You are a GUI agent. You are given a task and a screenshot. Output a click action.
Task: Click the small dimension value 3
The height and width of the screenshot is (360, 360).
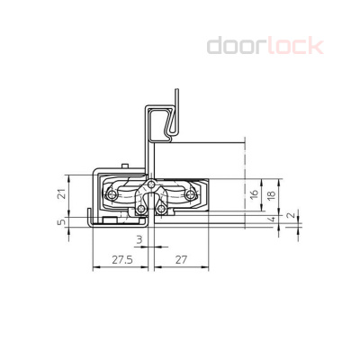pos(139,240)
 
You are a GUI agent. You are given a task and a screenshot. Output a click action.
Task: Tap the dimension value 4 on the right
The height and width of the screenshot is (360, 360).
pos(273,219)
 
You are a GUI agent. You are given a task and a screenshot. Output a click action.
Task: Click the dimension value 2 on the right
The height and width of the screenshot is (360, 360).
pos(288,216)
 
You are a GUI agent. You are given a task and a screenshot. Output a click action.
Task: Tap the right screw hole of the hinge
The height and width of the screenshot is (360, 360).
pos(192,193)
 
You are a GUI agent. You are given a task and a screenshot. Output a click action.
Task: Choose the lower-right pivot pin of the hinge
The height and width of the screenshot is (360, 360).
pos(161,210)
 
